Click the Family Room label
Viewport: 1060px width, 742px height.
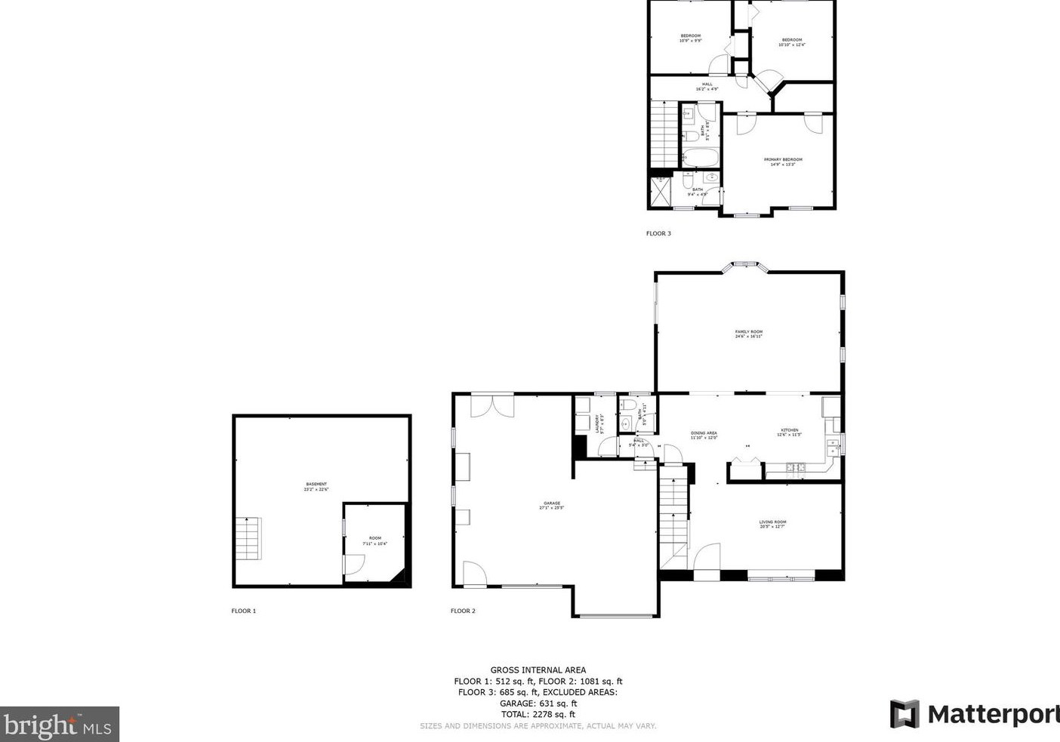748,334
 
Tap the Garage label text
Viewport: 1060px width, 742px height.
551,505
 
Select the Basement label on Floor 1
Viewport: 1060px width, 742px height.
316,486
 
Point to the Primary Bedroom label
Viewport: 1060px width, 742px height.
782,162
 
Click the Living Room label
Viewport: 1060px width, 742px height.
772,524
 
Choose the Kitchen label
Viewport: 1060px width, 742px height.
789,432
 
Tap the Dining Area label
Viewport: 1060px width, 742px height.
704,435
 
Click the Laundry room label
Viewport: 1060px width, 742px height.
599,423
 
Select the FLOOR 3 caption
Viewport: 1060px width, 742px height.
658,233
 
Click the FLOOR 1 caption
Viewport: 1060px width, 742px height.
243,611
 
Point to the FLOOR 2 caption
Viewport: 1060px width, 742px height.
463,611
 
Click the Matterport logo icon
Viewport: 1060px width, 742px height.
904,714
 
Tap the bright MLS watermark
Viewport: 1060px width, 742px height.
59,725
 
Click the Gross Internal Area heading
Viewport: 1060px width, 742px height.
538,670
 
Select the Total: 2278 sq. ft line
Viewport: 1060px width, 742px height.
538,714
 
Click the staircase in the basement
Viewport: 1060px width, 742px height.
248,538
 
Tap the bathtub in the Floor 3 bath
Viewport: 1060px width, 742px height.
701,158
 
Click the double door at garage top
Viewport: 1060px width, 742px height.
492,405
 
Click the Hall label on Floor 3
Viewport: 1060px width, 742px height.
707,86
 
